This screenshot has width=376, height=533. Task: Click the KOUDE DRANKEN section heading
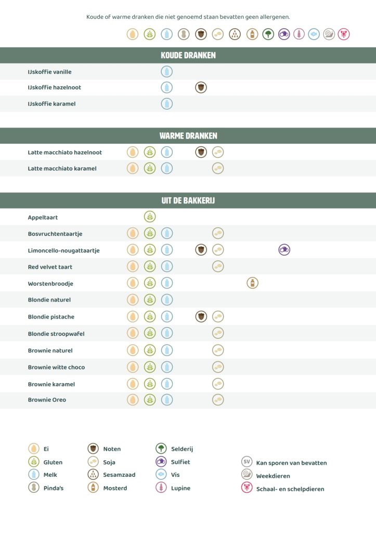point(188,55)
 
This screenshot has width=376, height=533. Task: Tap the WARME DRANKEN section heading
point(188,136)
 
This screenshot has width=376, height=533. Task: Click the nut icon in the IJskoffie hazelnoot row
point(201,87)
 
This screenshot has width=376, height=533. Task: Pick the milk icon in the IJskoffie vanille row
point(166,72)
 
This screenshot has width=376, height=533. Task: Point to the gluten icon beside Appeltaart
point(150,217)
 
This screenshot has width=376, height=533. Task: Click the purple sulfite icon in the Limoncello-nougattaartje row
point(284,250)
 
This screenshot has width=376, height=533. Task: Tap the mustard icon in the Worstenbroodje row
point(252,283)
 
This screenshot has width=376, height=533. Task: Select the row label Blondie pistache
point(51,317)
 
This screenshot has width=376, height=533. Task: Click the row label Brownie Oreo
point(47,400)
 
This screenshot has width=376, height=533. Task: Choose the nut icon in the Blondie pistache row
point(201,316)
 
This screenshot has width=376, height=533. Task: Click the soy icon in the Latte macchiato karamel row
point(218,168)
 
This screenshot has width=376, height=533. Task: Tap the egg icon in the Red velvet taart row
point(133,266)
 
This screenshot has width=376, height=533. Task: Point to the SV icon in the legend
point(247,462)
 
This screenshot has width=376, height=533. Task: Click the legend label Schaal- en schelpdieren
point(290,489)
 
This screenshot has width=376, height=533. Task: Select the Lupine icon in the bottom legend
point(161,488)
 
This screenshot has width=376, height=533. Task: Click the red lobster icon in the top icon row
point(344,34)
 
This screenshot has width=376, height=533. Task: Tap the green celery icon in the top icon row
point(268,34)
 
